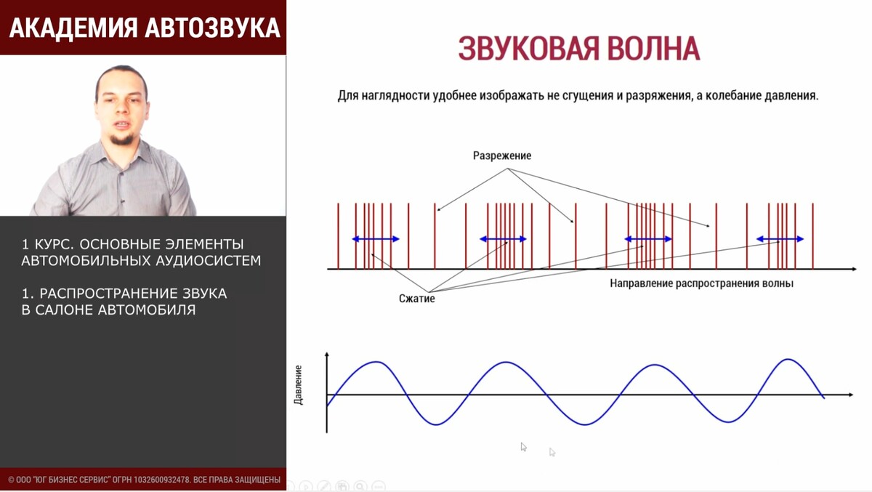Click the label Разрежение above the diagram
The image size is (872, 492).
502,156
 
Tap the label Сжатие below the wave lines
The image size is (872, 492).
416,299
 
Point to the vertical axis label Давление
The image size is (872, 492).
298,385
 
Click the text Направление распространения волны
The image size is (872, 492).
701,283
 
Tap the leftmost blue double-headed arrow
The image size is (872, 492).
376,239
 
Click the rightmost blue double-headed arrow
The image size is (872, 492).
780,239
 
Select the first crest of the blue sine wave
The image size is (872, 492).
376,362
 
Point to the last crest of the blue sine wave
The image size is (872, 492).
788,359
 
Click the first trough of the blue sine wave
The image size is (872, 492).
436,424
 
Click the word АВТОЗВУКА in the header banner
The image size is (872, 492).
213,28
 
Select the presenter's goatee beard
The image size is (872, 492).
122,139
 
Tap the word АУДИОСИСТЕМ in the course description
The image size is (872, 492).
209,261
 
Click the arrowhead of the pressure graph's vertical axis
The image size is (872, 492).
326,354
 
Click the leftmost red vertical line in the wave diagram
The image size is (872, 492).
339,236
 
